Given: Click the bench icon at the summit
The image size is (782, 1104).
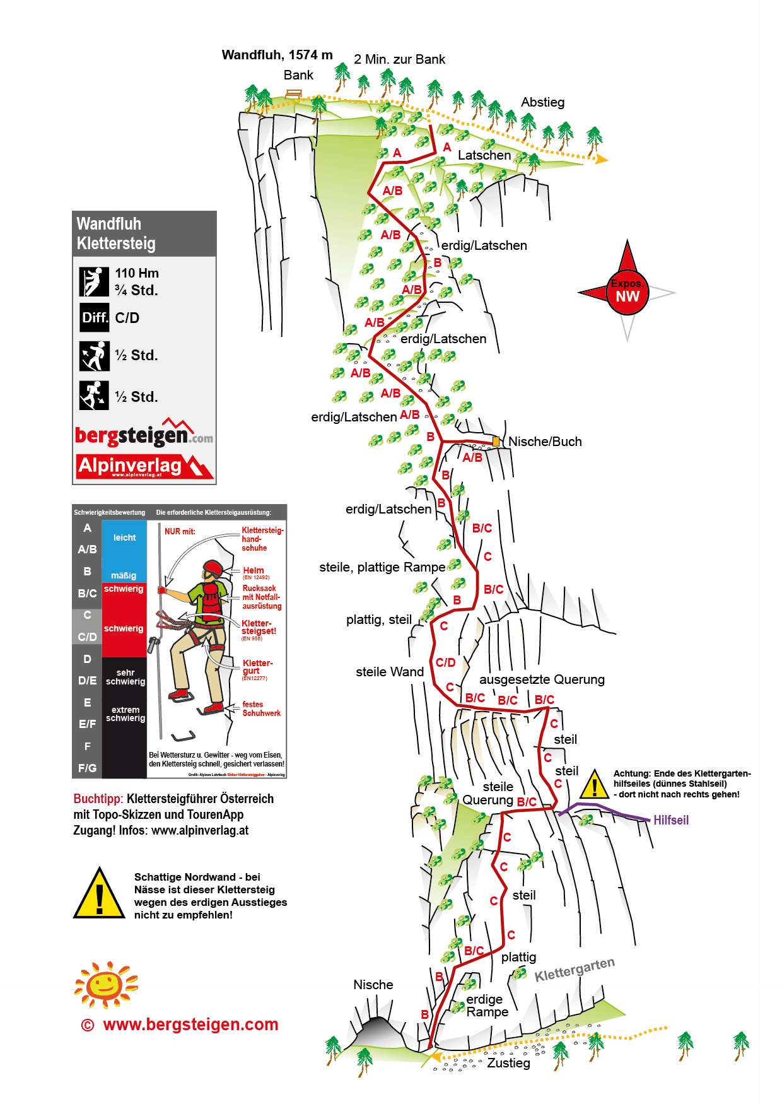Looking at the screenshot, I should (294, 95).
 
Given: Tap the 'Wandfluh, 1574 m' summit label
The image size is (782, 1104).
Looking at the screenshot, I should (277, 55).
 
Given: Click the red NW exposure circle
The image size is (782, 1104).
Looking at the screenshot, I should (627, 293).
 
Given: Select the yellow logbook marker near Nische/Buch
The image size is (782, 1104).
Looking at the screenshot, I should (496, 442).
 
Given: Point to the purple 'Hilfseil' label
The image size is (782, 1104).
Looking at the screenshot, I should (671, 820).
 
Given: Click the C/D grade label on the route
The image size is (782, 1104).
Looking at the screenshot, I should (446, 662).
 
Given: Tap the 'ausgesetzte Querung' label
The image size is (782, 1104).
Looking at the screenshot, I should (542, 679).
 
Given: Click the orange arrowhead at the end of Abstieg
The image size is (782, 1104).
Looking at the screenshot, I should (602, 159).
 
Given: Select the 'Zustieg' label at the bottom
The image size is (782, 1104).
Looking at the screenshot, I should (508, 1063).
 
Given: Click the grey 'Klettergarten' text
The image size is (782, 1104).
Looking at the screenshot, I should (575, 970).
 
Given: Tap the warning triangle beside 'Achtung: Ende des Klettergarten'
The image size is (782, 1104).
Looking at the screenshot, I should (594, 785).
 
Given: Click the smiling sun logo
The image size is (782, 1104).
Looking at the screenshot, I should (105, 984).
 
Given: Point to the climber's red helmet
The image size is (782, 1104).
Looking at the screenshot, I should (213, 568).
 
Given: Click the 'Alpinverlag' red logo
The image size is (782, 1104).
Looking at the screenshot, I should (144, 467).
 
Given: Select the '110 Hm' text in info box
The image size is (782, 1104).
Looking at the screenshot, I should (137, 273).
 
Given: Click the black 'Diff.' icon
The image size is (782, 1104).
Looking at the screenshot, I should (95, 317).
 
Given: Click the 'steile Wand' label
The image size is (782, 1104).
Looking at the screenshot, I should (390, 672).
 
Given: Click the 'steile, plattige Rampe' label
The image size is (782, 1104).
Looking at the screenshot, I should (382, 567).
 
